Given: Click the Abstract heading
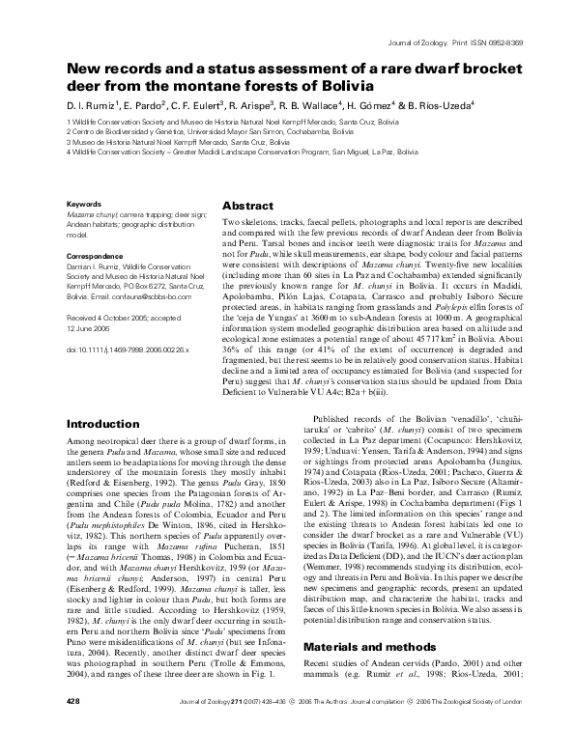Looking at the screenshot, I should point(249,207).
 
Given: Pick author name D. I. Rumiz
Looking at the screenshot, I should point(92,103).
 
